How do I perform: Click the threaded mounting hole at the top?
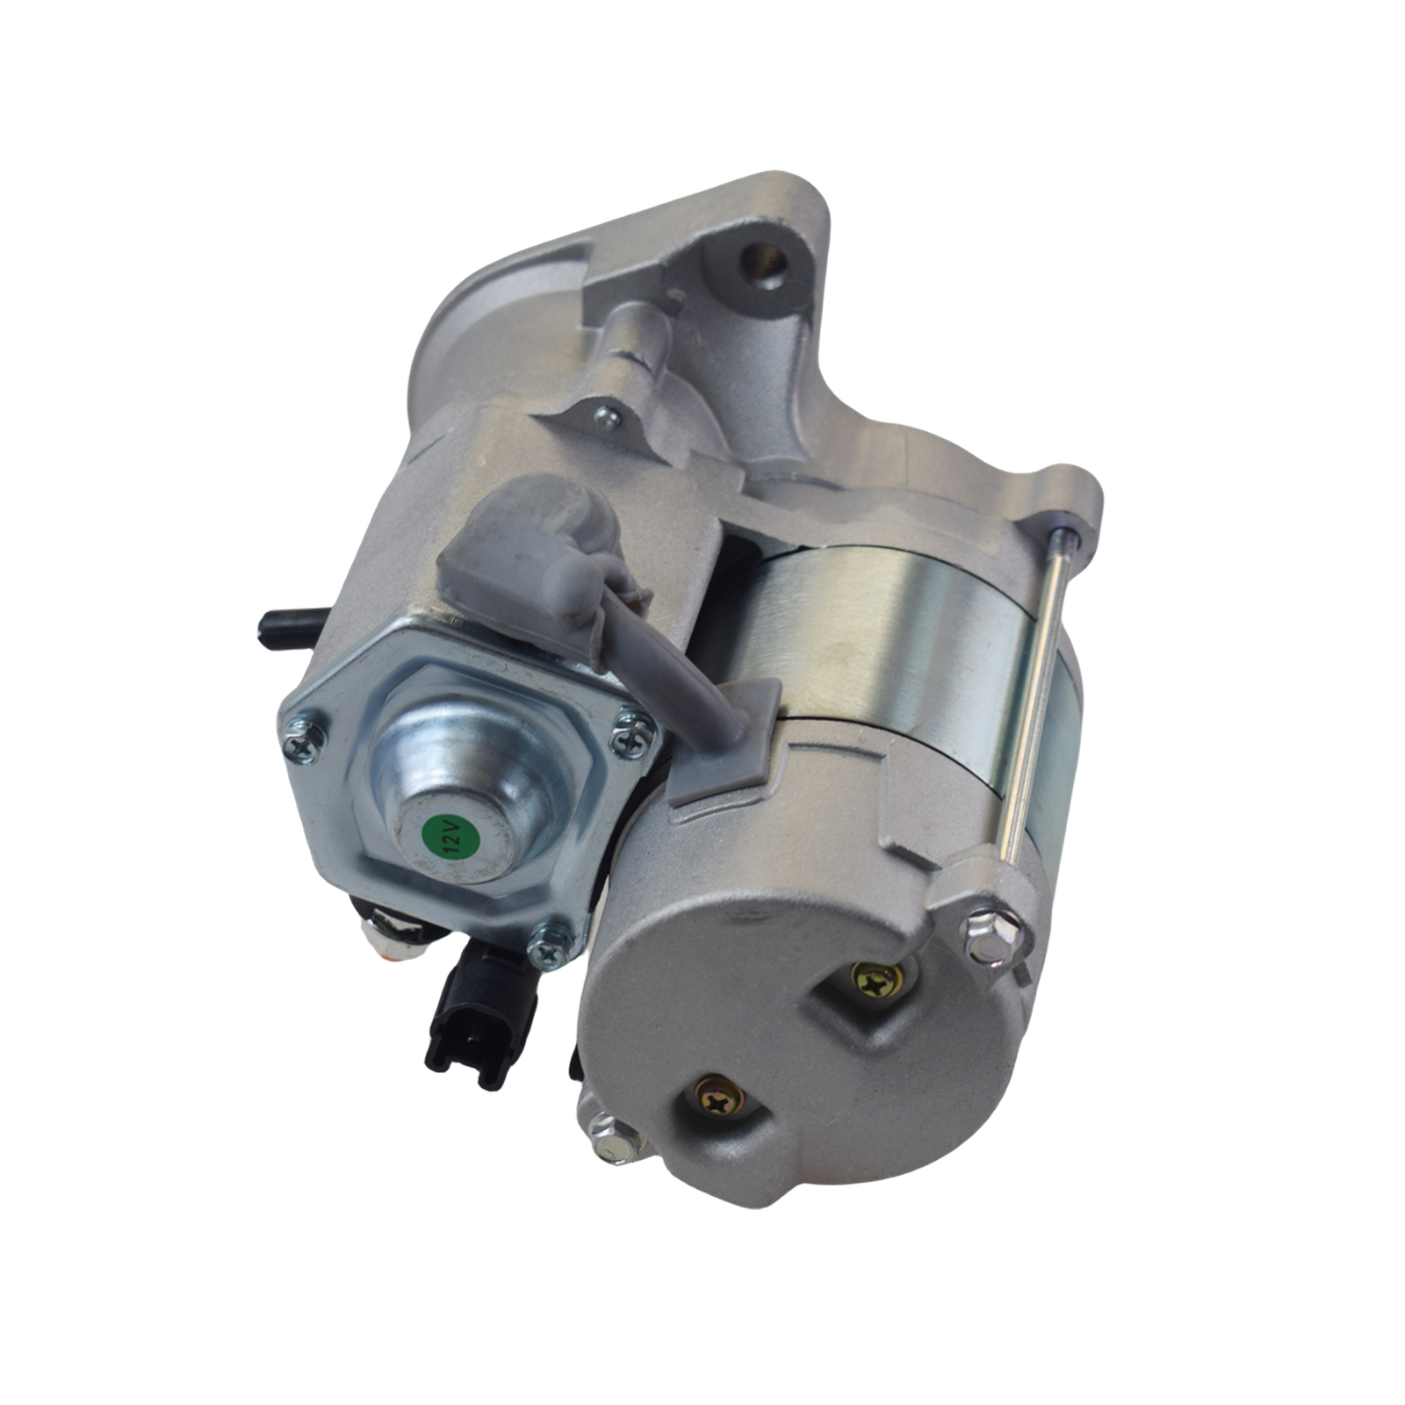pyautogui.click(x=761, y=261)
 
